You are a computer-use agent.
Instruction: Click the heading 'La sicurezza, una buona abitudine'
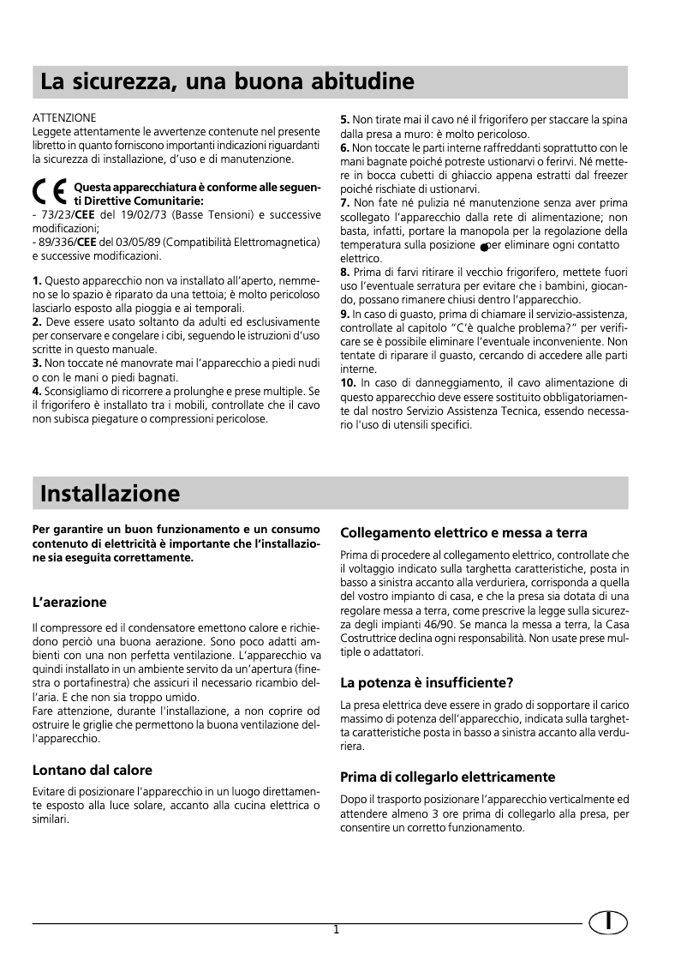click(x=227, y=82)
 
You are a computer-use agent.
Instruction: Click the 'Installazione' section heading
click(x=110, y=494)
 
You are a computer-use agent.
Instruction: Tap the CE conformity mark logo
click(x=50, y=193)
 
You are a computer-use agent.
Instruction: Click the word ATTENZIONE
click(x=64, y=117)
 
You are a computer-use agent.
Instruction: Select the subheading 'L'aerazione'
click(x=69, y=602)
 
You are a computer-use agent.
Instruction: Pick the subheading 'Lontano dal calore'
click(x=92, y=769)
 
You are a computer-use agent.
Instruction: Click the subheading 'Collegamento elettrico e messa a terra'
click(x=463, y=532)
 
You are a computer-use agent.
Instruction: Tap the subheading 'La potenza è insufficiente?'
click(x=427, y=682)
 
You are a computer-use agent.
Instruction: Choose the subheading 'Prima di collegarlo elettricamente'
click(x=448, y=777)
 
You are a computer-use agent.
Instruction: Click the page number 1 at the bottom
click(x=337, y=929)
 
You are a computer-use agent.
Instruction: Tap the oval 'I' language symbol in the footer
click(x=608, y=922)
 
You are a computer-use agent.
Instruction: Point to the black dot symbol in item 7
click(x=484, y=247)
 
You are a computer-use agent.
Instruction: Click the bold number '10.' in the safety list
click(x=349, y=382)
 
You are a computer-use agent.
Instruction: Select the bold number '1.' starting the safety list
click(x=37, y=280)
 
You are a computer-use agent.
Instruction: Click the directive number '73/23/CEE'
click(x=66, y=214)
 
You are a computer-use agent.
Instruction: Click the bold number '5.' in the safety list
click(x=345, y=121)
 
